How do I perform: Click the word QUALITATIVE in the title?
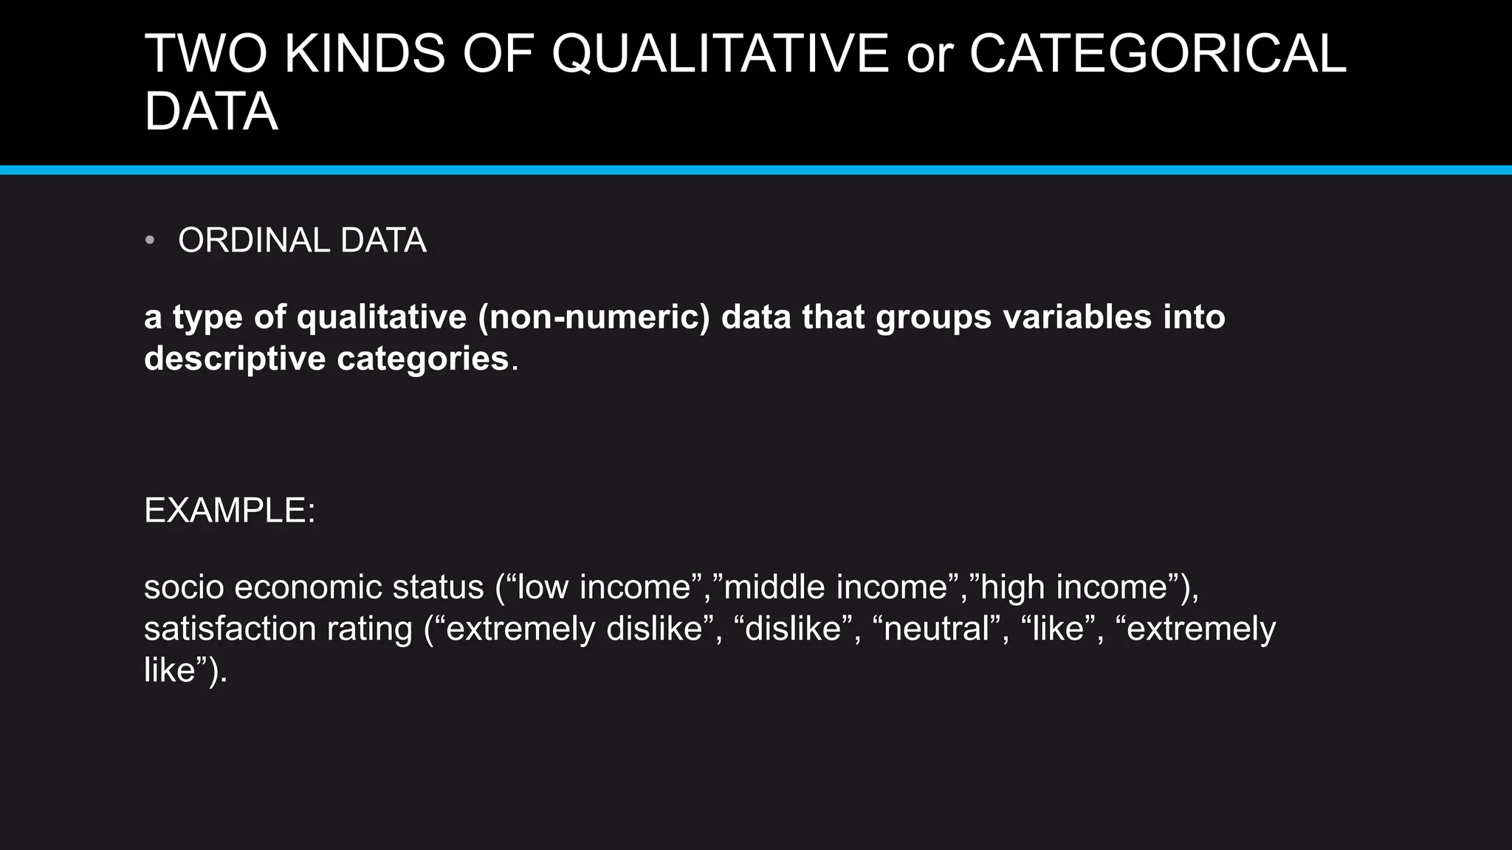coord(720,54)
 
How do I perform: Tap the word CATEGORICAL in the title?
coord(1158,54)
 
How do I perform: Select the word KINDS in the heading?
coord(365,54)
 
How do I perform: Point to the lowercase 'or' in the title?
coord(929,55)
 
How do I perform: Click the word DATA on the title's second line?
coord(211,112)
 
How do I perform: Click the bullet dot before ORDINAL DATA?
coord(150,241)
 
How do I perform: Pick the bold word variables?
coord(1078,317)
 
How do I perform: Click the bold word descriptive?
coord(235,359)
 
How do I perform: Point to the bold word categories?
coord(423,359)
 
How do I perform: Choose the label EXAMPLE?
coord(230,511)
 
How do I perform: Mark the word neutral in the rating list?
coord(936,629)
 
